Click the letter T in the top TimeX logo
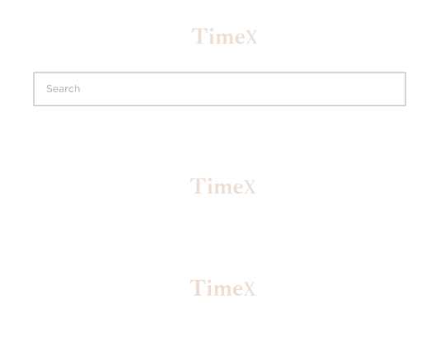coord(199,36)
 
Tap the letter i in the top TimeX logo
coord(212,36)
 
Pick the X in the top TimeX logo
coord(250,37)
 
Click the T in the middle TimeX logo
coord(198,185)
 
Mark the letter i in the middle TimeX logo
coord(210,185)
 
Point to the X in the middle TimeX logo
coord(249,187)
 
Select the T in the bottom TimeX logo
coord(198,288)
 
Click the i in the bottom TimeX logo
coord(210,288)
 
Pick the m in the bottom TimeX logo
coord(222,290)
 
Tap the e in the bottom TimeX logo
coord(237,290)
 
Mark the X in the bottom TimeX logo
coord(249,288)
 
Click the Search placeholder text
coord(63,89)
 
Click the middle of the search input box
coord(220,89)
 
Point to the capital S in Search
coord(49,89)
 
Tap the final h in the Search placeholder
coord(77,88)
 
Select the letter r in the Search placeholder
coord(67,90)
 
